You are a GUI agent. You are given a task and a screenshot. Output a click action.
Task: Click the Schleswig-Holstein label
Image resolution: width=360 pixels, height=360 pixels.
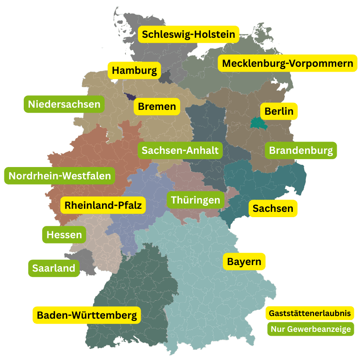coord(189,34)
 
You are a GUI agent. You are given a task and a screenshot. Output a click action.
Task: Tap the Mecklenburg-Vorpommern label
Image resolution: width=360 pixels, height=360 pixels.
coord(287,63)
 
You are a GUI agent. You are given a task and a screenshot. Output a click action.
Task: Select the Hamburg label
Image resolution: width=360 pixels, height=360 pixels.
coord(134,70)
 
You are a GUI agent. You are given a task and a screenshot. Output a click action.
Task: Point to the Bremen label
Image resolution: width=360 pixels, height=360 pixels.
coord(156,106)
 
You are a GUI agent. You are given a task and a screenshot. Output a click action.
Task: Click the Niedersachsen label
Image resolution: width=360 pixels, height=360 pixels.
coord(64,104)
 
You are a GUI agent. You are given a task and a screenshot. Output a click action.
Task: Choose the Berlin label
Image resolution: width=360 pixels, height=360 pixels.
coord(279,111)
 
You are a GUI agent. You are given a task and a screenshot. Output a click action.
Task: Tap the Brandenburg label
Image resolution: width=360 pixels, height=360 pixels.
coord(301,150)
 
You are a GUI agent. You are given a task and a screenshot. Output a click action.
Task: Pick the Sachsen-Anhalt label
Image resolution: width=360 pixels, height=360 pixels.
coord(180,150)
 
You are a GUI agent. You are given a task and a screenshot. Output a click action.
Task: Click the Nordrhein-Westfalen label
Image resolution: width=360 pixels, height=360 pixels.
coord(60,176)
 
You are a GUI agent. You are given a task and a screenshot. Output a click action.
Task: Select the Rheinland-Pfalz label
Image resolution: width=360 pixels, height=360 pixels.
coord(103,205)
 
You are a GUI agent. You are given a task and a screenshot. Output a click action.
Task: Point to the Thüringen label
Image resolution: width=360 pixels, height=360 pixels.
coord(195,200)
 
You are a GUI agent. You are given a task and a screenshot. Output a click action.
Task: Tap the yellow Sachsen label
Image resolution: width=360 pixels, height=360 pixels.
coord(273,208)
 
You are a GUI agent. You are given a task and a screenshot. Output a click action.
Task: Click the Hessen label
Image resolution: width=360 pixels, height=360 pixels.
coord(64,235)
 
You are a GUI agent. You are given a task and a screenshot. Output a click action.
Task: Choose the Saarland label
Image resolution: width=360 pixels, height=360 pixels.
coord(54,268)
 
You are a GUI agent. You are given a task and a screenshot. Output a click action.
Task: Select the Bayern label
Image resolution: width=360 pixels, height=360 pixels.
coord(244,262)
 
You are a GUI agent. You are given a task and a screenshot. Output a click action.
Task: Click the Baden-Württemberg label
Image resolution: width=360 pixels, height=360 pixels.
coord(87,315)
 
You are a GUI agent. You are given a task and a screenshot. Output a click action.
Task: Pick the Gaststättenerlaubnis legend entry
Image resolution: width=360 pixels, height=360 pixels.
coord(310,313)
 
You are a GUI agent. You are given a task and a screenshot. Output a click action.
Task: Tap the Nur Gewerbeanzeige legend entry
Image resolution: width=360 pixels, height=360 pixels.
coord(310,329)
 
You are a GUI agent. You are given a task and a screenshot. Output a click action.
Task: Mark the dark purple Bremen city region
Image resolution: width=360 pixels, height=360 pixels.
coord(131,97)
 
